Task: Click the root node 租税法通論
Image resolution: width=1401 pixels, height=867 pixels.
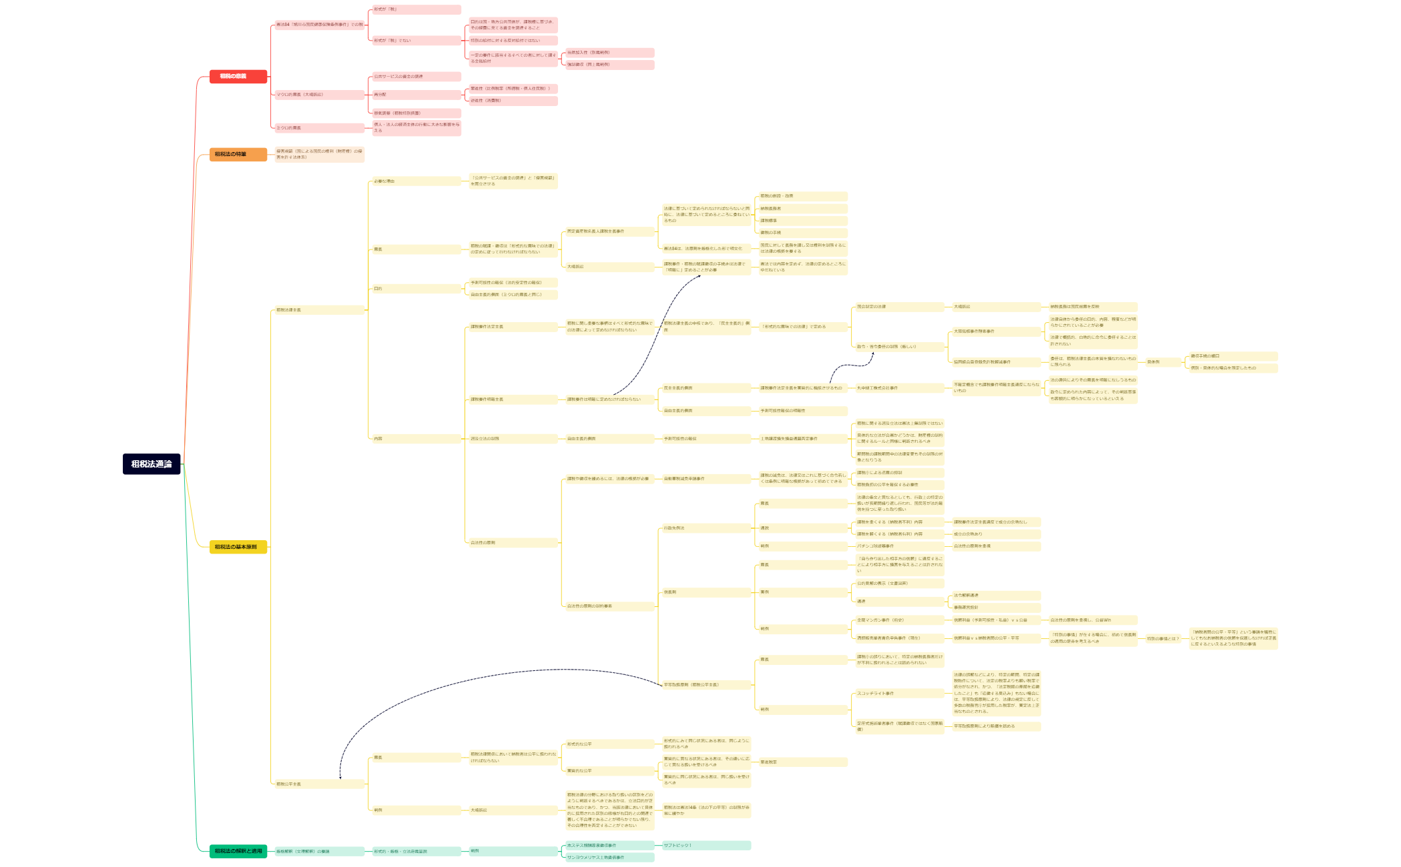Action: coord(152,464)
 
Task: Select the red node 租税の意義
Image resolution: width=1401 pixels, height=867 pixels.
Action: coord(238,77)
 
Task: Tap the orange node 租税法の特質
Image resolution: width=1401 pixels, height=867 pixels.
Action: coord(238,155)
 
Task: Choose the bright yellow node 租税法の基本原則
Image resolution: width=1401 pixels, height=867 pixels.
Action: coord(238,547)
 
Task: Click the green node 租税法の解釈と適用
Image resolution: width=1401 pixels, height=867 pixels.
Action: coord(238,851)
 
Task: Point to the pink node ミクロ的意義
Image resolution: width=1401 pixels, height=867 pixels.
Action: coord(319,128)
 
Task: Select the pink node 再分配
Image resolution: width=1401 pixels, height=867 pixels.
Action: coord(416,95)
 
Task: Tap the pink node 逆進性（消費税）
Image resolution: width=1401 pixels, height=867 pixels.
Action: coord(512,101)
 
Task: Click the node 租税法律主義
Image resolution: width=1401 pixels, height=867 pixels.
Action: coord(319,310)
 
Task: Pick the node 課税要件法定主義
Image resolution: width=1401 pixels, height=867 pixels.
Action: coord(512,327)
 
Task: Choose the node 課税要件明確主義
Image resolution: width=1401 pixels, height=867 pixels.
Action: coord(512,399)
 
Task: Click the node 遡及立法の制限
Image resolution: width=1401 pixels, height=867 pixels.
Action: coord(512,439)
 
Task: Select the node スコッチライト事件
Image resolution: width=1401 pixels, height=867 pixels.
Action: coord(899,694)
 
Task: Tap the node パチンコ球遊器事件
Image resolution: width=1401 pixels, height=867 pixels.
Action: coord(899,546)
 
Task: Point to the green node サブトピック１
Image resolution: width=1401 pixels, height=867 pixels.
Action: coord(706,846)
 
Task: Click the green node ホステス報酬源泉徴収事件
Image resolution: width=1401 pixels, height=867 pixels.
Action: coord(609,846)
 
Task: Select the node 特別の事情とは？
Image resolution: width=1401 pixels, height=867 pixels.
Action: coord(1163,639)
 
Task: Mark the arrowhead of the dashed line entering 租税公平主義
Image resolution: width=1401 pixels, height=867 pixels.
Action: coord(340,777)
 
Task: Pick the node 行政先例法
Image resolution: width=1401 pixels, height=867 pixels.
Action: coord(706,528)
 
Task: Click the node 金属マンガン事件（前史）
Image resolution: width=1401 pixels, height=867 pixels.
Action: coord(899,620)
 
